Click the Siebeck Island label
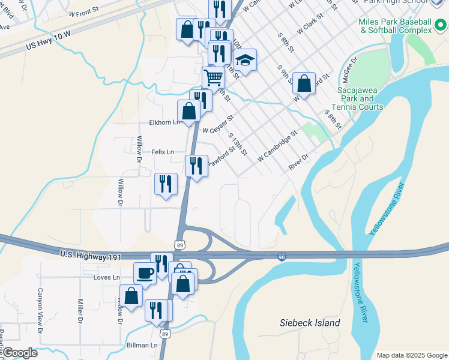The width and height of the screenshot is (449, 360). click(310, 323)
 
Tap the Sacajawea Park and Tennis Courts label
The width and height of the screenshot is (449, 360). click(360, 98)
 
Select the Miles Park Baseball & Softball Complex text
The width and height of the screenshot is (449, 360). click(394, 26)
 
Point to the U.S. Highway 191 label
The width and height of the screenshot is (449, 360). click(91, 256)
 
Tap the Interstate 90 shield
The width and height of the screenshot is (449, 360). click(282, 257)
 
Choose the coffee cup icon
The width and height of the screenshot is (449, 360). click(145, 273)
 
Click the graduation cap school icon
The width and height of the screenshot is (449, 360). click(245, 59)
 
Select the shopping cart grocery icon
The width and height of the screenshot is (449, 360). click(212, 76)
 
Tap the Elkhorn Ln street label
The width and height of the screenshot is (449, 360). click(164, 123)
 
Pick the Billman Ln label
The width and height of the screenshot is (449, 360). click(142, 346)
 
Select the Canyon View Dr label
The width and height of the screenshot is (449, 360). click(41, 311)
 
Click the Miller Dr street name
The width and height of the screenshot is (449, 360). click(80, 311)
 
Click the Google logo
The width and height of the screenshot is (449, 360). click(19, 353)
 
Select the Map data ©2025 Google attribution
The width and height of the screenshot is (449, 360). click(411, 355)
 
